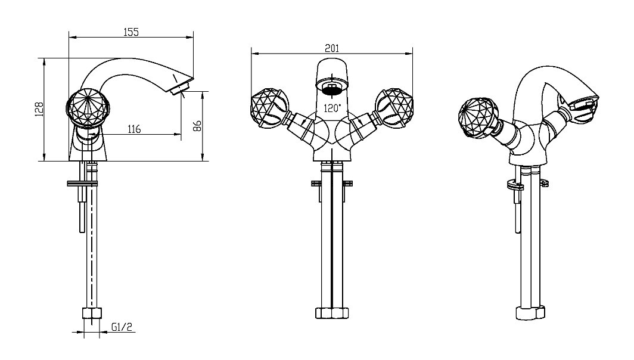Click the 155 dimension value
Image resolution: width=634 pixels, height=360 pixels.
coord(131,32)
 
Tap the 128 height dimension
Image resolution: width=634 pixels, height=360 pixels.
coord(39,109)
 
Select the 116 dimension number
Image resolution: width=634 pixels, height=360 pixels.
coord(134,129)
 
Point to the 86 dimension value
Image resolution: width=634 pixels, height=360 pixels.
coord(197,126)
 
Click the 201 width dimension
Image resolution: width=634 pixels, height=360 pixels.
coord(332,48)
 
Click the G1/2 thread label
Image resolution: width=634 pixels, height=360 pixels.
coord(122,327)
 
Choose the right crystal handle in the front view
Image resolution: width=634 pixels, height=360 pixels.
coord(394,108)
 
